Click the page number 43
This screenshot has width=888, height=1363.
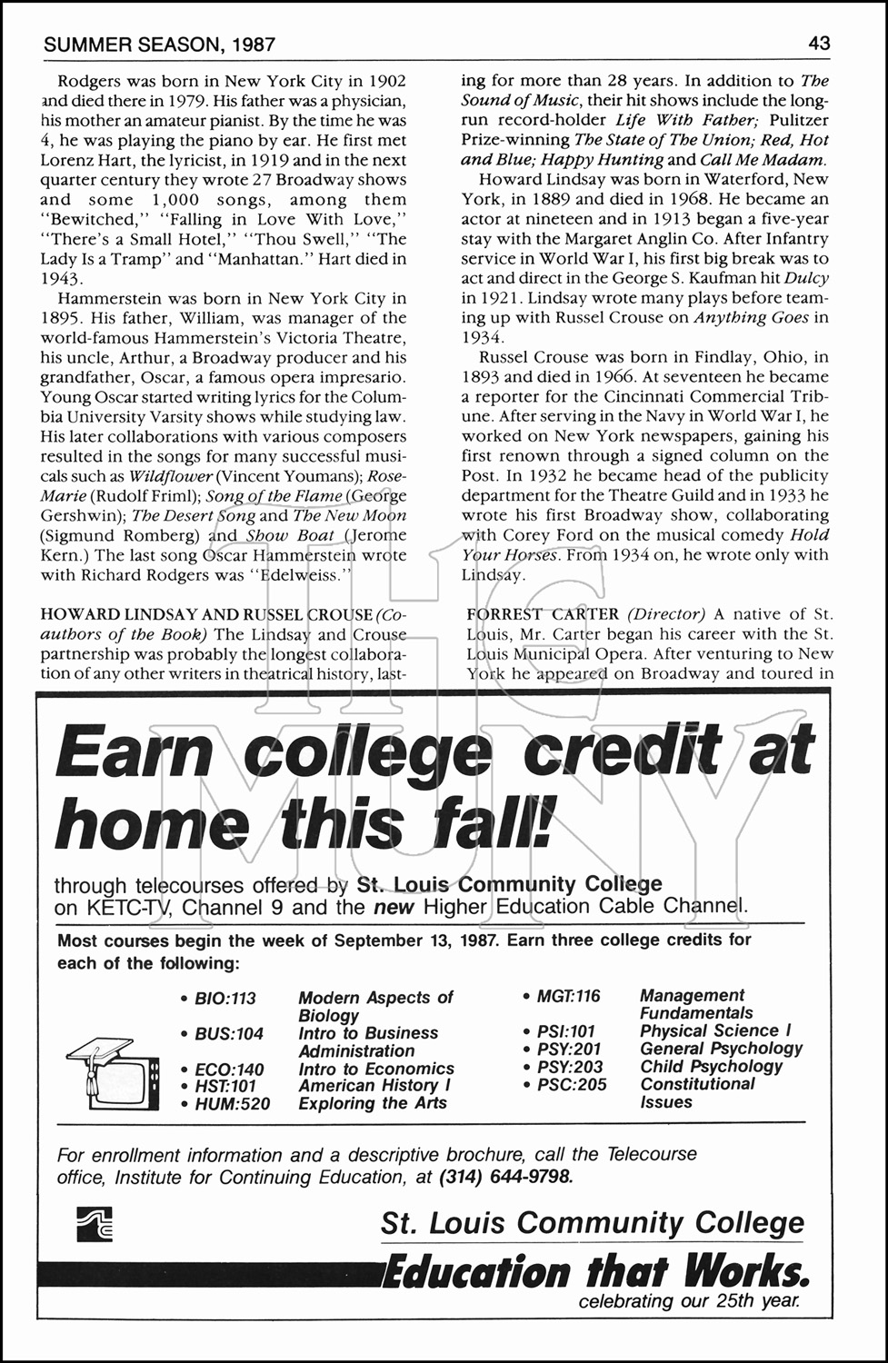click(x=818, y=43)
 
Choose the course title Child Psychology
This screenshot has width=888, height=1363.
click(x=711, y=1067)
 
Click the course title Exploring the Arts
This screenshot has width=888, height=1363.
click(x=373, y=1104)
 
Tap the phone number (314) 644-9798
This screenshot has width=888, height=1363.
click(x=505, y=1178)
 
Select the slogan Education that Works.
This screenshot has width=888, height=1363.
click(x=594, y=1270)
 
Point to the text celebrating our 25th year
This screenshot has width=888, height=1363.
click(x=690, y=1301)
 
